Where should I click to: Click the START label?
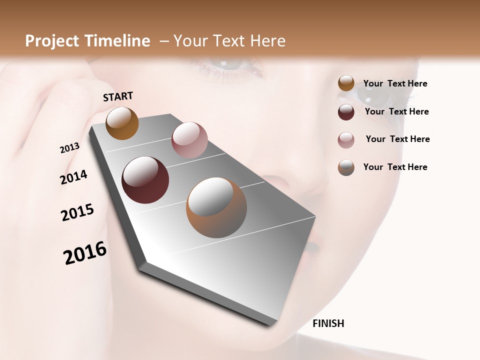click(x=118, y=96)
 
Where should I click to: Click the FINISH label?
click(x=328, y=323)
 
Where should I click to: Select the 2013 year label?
click(x=70, y=148)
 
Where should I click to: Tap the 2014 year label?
click(x=73, y=177)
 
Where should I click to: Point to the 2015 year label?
click(x=77, y=212)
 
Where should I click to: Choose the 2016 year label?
click(x=85, y=253)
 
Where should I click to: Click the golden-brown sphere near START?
click(x=122, y=123)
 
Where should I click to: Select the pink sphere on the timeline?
click(x=189, y=140)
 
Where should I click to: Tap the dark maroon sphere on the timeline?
click(x=145, y=180)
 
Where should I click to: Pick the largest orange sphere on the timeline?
click(x=216, y=207)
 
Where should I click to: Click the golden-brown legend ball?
click(x=346, y=83)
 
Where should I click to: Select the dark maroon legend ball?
click(x=346, y=112)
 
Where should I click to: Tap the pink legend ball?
click(x=346, y=140)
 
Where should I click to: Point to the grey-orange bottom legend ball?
click(x=346, y=167)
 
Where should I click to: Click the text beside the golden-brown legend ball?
click(x=395, y=84)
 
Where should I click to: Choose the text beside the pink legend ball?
click(x=397, y=139)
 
